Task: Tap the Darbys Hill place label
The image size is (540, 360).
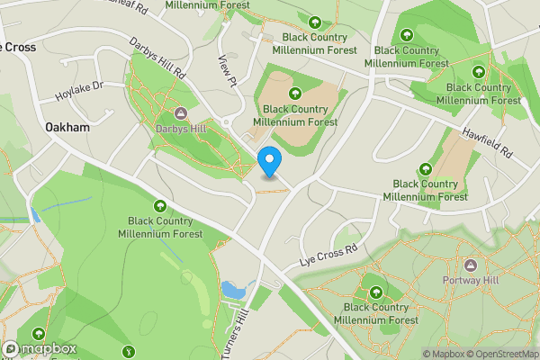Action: pyautogui.click(x=180, y=128)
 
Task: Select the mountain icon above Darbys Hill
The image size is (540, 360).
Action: pyautogui.click(x=180, y=112)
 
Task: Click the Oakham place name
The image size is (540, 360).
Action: pyautogui.click(x=68, y=128)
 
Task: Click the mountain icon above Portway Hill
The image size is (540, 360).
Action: pyautogui.click(x=470, y=265)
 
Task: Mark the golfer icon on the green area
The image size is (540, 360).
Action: pyautogui.click(x=129, y=351)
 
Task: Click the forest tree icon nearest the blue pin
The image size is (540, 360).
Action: pyautogui.click(x=294, y=93)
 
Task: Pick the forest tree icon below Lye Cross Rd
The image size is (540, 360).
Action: pyautogui.click(x=376, y=292)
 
